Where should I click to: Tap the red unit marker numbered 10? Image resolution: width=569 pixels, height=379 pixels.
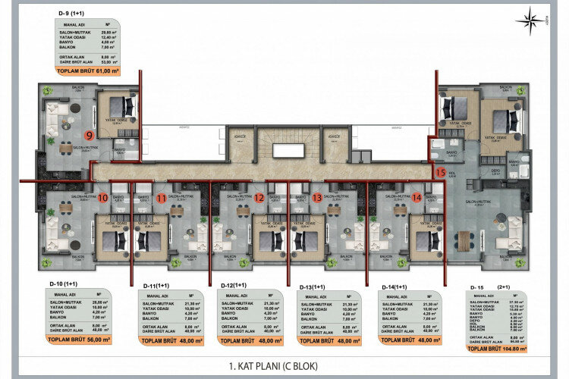[x=102, y=199]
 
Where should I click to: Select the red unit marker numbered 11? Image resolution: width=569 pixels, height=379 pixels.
[x=161, y=199]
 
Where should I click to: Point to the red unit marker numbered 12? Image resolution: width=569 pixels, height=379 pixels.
[x=259, y=199]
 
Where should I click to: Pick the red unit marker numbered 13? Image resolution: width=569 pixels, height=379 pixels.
[x=317, y=199]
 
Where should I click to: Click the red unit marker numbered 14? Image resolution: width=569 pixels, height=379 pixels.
[x=416, y=199]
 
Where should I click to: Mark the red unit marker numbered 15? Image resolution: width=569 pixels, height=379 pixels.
[x=440, y=172]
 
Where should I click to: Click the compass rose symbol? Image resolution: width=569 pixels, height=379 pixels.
[x=535, y=20]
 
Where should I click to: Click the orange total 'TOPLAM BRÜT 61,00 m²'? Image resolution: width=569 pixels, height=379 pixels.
[x=89, y=70]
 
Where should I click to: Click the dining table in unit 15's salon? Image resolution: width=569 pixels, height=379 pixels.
[x=464, y=240]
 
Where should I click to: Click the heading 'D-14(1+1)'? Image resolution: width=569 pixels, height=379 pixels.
[x=395, y=287]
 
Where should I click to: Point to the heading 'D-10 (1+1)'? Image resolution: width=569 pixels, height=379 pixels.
[x=67, y=283]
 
